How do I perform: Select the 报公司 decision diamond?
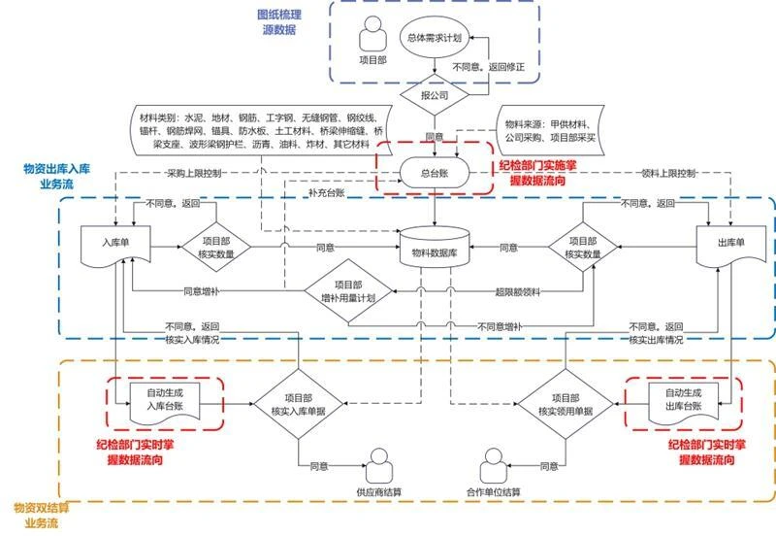click(433, 96)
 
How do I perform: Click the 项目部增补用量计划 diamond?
click(347, 292)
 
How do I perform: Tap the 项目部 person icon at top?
click(373, 39)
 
